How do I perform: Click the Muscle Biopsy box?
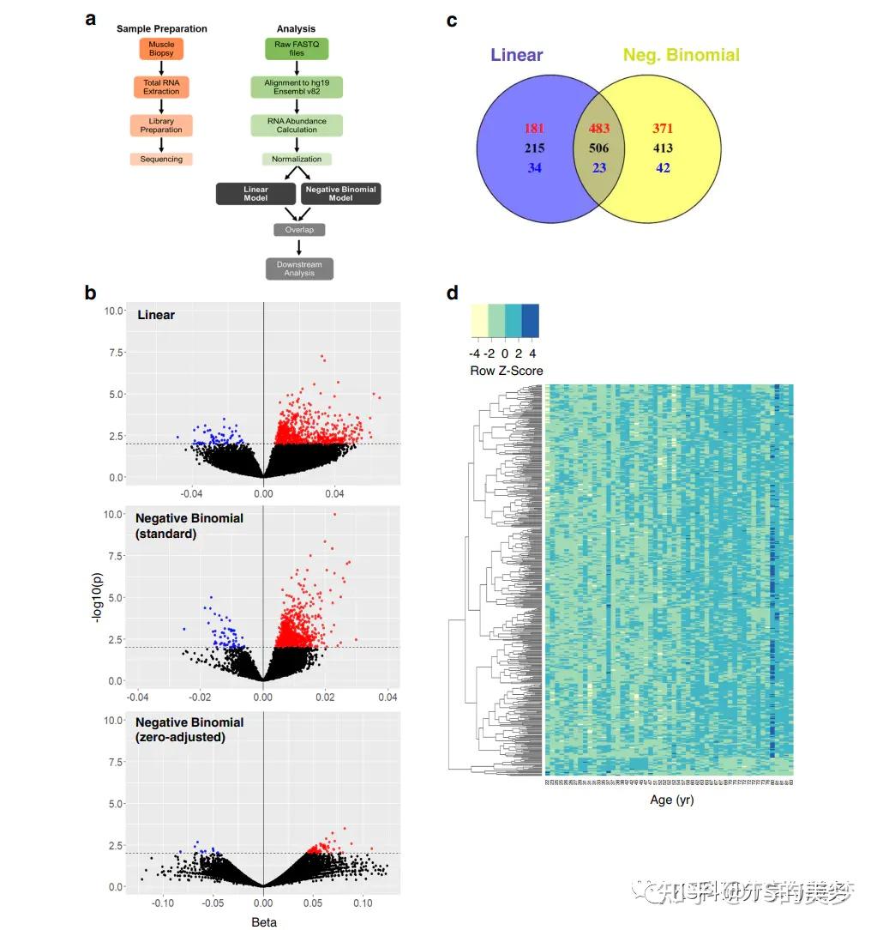pyautogui.click(x=161, y=48)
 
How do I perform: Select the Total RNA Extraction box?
pyautogui.click(x=161, y=87)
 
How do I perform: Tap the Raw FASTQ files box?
pyautogui.click(x=297, y=48)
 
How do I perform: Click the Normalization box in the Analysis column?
pyautogui.click(x=297, y=159)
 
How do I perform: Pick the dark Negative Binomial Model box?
pyautogui.click(x=340, y=193)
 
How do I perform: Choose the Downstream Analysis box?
pyautogui.click(x=299, y=269)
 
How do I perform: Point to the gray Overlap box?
pyautogui.click(x=299, y=230)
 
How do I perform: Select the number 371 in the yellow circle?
pyautogui.click(x=663, y=129)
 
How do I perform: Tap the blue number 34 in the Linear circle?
pyautogui.click(x=534, y=167)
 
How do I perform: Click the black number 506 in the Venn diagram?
pyautogui.click(x=599, y=148)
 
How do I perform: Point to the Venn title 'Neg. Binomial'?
pyautogui.click(x=681, y=55)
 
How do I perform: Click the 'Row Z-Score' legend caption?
pyautogui.click(x=506, y=371)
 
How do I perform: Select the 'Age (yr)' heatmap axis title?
pyautogui.click(x=671, y=800)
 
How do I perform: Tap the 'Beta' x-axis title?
pyautogui.click(x=263, y=921)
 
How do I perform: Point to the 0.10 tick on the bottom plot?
pyautogui.click(x=363, y=903)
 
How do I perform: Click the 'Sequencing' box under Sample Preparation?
pyautogui.click(x=161, y=159)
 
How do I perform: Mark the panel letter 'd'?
pyautogui.click(x=453, y=293)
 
